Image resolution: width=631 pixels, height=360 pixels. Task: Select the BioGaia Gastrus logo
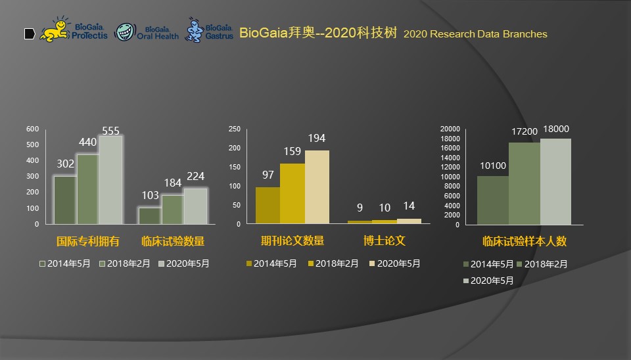tap(210, 30)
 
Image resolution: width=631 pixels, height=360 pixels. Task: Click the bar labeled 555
tap(111, 179)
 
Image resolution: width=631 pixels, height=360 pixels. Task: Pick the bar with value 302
tap(65, 200)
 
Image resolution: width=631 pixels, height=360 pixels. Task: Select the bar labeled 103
tap(149, 215)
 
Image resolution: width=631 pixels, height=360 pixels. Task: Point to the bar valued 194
tap(317, 187)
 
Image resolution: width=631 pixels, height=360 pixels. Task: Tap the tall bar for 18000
tap(555, 181)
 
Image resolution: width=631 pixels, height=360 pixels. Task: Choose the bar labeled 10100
tap(492, 200)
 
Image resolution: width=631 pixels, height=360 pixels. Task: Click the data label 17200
tap(525, 132)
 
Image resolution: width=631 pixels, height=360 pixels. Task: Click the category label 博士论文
tap(385, 241)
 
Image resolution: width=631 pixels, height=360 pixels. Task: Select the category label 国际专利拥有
tap(87, 241)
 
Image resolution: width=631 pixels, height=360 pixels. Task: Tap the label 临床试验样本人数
tap(524, 241)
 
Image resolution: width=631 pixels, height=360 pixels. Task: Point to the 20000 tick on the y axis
tap(450, 129)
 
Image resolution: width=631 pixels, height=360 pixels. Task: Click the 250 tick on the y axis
tap(235, 129)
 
